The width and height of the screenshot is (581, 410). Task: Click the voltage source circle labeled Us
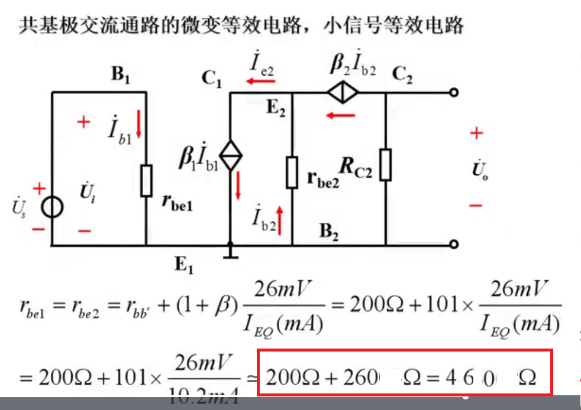52,208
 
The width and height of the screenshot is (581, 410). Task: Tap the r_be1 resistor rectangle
146,181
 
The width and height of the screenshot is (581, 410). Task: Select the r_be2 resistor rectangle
292,173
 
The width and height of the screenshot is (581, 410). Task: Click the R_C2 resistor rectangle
385,165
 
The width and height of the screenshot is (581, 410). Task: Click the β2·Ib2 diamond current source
343,93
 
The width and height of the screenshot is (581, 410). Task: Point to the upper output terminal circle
454,93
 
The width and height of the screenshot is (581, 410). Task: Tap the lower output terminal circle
454,245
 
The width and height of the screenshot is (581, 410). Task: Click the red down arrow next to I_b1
139,125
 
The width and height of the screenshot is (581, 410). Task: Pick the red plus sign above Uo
476,134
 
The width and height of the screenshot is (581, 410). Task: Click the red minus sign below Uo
476,206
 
